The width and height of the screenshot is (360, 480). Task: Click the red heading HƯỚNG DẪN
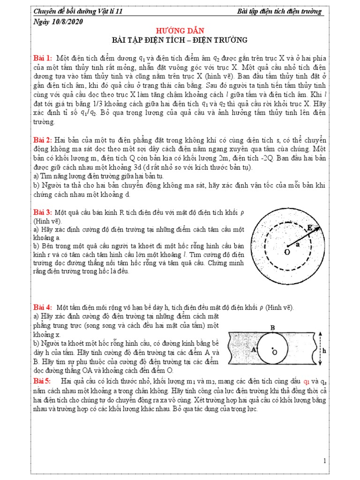tap(180, 30)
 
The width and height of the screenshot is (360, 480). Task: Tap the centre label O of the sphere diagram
tap(287, 252)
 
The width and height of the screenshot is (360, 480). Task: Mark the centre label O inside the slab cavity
tap(275, 352)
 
